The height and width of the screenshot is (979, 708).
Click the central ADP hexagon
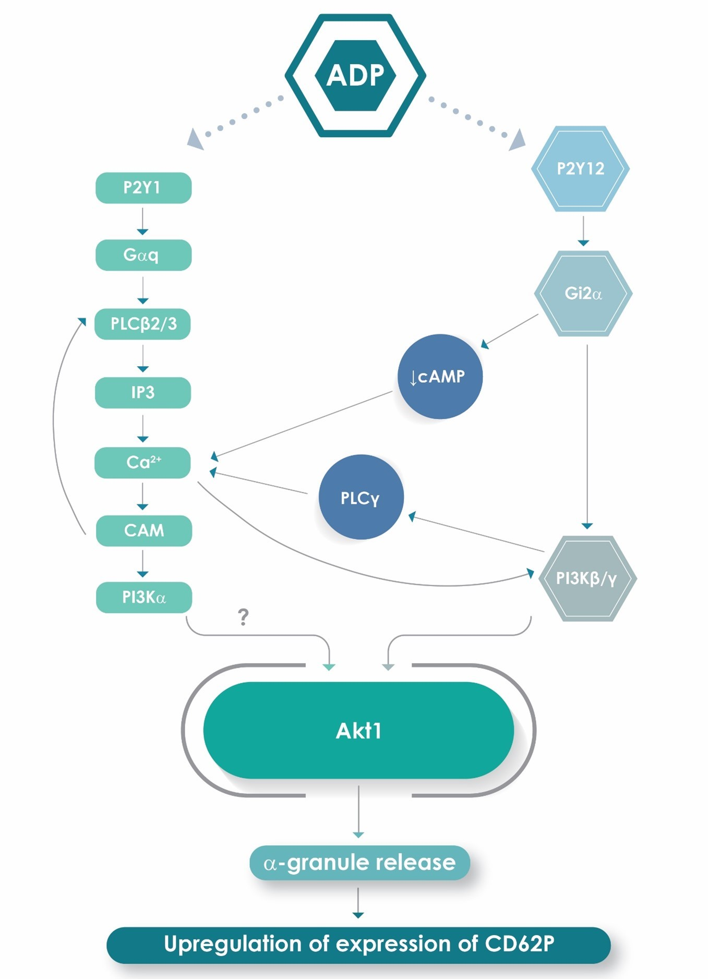(355, 76)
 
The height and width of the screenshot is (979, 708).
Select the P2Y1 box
(143, 188)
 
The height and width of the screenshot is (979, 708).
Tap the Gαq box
(143, 255)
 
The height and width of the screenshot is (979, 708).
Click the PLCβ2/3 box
(143, 324)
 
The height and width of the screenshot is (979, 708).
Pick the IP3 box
(143, 393)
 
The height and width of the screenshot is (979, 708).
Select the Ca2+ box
(142, 463)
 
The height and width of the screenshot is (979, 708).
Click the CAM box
(144, 531)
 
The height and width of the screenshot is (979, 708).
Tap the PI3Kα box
(144, 597)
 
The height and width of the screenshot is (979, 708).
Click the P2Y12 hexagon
(580, 169)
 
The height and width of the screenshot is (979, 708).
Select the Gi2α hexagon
(583, 294)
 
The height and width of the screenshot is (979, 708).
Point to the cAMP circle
(440, 377)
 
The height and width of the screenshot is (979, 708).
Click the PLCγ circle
(361, 498)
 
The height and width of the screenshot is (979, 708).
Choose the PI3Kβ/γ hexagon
(587, 578)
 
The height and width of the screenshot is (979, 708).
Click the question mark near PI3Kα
(243, 617)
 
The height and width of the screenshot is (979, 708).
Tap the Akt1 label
(358, 731)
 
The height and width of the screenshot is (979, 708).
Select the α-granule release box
(359, 863)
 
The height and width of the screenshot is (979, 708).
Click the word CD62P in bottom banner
(519, 944)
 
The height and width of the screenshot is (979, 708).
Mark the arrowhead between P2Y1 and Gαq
(142, 232)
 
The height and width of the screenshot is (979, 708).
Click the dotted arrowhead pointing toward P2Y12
(518, 141)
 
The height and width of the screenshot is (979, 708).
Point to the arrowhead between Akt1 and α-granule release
(358, 835)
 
